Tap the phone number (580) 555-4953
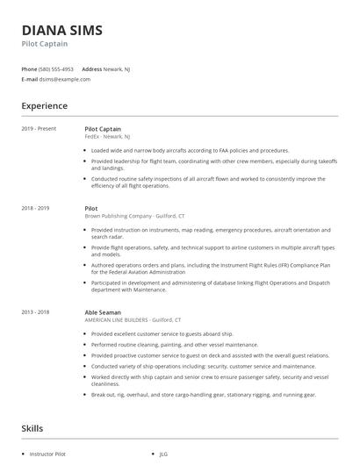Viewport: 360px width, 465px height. [57, 68]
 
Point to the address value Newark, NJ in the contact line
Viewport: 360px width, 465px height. [123, 68]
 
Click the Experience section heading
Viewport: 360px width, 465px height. [44, 106]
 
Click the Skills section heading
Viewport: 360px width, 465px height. [32, 429]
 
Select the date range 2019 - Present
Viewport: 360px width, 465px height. [39, 129]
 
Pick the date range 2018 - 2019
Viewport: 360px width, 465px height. [35, 208]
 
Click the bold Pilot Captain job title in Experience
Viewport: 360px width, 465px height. [103, 129]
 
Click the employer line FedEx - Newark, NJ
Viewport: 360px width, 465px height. [107, 137]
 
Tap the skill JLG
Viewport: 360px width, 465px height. [163, 454]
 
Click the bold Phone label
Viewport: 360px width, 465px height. [29, 68]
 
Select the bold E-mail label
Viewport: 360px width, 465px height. [30, 79]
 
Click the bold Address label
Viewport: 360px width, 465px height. [92, 68]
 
